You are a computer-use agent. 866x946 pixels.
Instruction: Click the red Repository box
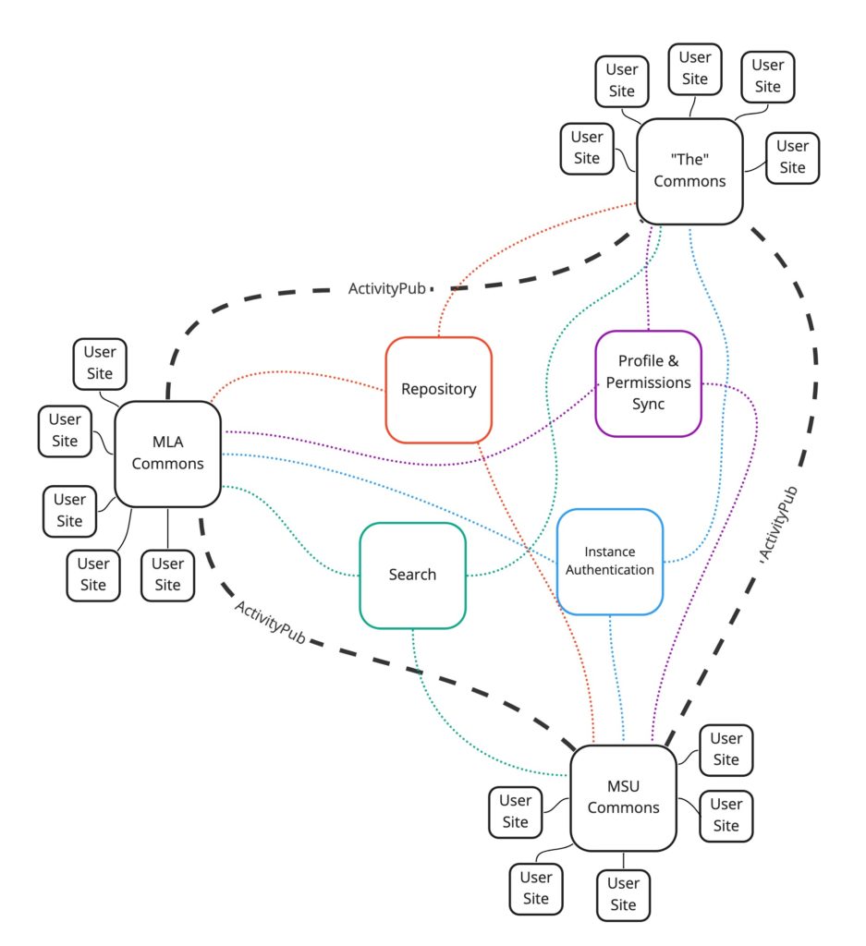(x=438, y=389)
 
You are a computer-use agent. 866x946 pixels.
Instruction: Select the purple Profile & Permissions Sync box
(x=648, y=382)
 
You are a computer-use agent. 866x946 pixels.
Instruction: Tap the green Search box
(x=412, y=575)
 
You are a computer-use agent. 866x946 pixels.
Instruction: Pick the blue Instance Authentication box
(x=609, y=561)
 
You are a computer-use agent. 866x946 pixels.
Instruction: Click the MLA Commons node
(x=167, y=453)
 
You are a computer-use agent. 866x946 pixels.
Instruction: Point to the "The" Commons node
(x=689, y=170)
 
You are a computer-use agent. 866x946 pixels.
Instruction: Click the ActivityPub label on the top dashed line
(x=387, y=289)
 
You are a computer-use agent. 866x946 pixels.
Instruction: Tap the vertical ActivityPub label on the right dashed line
(x=777, y=524)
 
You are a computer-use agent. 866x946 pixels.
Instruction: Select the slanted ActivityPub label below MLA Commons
(x=270, y=622)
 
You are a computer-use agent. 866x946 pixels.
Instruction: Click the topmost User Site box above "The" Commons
(x=694, y=68)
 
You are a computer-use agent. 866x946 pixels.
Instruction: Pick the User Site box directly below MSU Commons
(x=623, y=894)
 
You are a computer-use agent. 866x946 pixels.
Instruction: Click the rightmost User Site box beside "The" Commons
(x=792, y=157)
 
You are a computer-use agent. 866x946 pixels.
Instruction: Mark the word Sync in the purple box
(x=648, y=404)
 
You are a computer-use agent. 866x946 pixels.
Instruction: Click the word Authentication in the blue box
(x=609, y=570)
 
